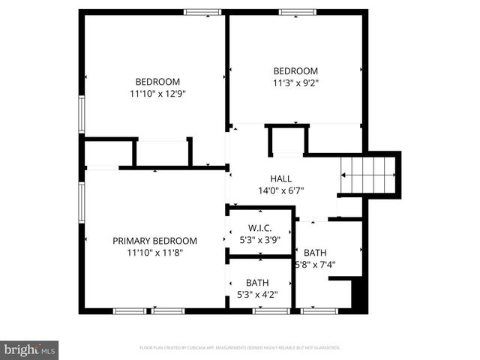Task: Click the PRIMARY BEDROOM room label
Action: pyautogui.click(x=154, y=241)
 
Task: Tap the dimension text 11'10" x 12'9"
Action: pyautogui.click(x=157, y=94)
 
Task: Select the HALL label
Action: pyautogui.click(x=281, y=178)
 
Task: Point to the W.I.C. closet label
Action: pyautogui.click(x=259, y=228)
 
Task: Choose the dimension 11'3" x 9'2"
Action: pyautogui.click(x=295, y=83)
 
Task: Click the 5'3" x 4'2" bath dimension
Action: pyautogui.click(x=257, y=295)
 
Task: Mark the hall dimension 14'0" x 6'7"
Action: pyautogui.click(x=281, y=190)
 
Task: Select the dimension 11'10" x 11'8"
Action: pyautogui.click(x=155, y=253)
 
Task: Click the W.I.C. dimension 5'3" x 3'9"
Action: pyautogui.click(x=259, y=240)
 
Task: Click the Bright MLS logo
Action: pyautogui.click(x=29, y=349)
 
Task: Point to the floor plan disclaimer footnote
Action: pyautogui.click(x=240, y=348)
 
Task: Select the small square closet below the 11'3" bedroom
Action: pyautogui.click(x=287, y=140)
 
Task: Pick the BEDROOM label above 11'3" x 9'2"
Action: pyautogui.click(x=295, y=71)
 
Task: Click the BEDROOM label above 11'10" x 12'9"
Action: pyautogui.click(x=157, y=82)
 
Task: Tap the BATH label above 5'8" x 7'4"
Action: pyautogui.click(x=315, y=252)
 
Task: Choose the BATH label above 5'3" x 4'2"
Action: pyautogui.click(x=257, y=283)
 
